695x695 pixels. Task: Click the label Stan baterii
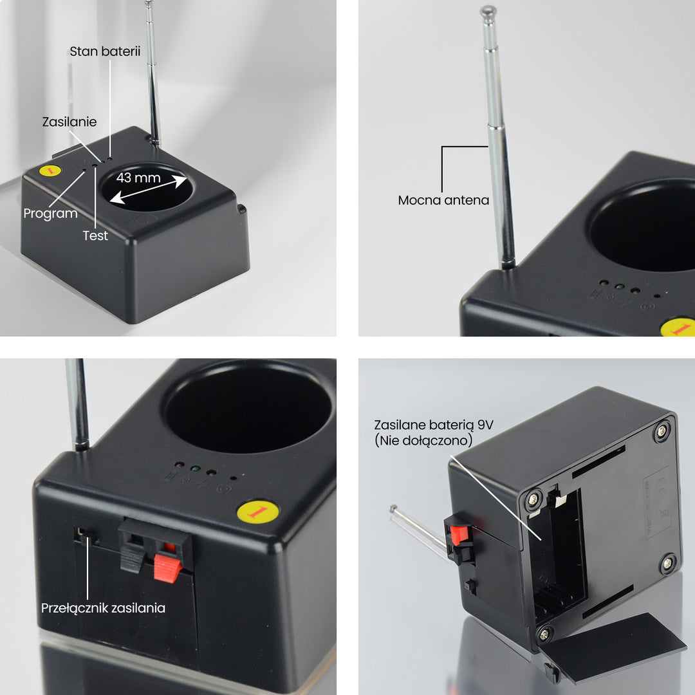[x=105, y=51]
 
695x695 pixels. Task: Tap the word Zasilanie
[x=69, y=122]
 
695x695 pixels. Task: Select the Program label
[x=51, y=214]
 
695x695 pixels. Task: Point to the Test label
[x=95, y=236]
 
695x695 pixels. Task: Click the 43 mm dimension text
[x=138, y=178]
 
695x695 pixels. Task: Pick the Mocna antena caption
[x=443, y=200]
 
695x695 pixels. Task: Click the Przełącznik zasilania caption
[x=103, y=608]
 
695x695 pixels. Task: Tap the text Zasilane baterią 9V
[x=434, y=425]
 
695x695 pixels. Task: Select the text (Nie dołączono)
[x=423, y=441]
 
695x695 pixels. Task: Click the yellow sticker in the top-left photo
[x=50, y=171]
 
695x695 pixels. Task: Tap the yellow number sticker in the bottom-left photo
[x=258, y=512]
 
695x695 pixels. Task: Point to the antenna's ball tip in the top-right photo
[x=488, y=11]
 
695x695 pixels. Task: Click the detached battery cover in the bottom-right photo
[x=612, y=647]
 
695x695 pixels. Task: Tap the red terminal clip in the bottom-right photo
[x=458, y=534]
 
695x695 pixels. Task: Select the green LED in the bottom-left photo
[x=195, y=468]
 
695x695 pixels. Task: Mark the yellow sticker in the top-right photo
[x=678, y=327]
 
